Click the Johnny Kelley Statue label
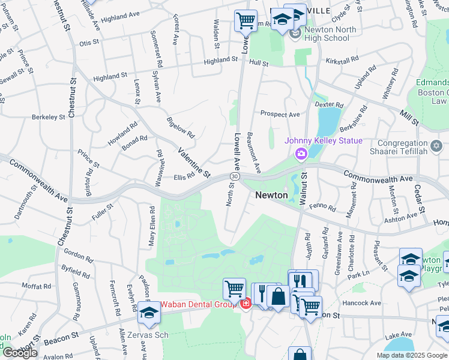(324, 141)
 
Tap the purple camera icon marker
(301, 154)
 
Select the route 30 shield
(234, 176)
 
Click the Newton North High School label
(327, 34)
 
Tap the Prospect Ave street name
(280, 114)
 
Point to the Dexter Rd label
(328, 104)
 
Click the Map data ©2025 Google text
(411, 355)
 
